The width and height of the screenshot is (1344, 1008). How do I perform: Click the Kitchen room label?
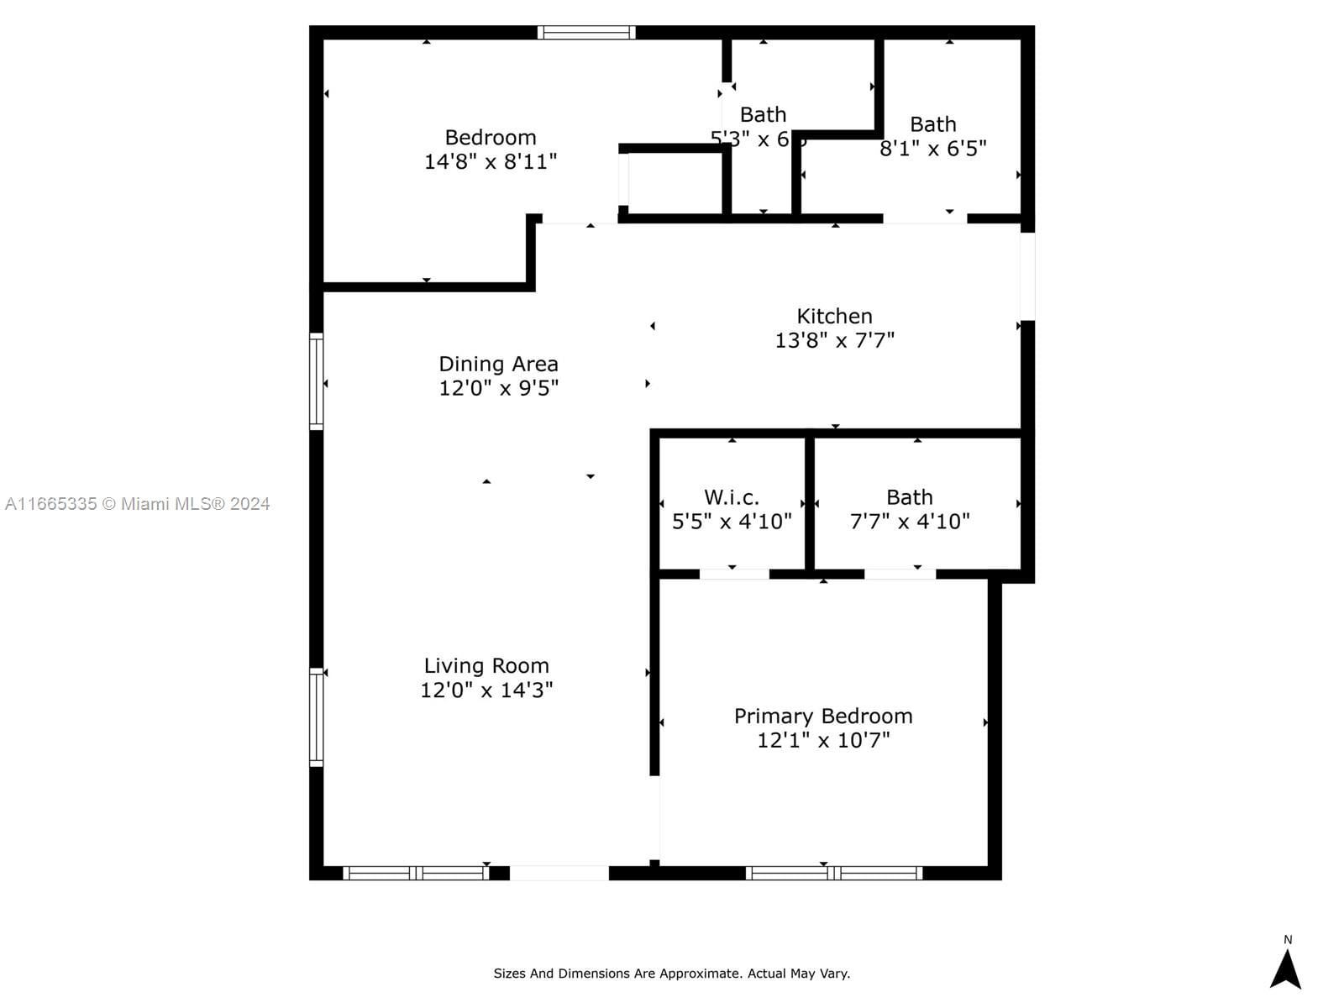pos(834,317)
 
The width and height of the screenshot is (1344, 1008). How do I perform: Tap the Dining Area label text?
pos(498,364)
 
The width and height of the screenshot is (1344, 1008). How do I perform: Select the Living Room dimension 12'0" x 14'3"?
pos(486,690)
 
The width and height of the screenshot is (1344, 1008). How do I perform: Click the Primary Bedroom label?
pos(823,716)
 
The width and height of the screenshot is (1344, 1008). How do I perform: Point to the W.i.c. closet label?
pos(731,497)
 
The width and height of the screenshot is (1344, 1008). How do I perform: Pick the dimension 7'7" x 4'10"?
pos(910,522)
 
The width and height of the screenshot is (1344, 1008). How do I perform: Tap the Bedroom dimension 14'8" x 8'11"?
pos(491,161)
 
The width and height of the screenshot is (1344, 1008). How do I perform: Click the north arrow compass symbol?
pos(1285,968)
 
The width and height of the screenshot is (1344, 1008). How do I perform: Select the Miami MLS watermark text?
pos(137,504)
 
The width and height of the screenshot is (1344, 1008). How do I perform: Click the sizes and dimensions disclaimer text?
pos(671,974)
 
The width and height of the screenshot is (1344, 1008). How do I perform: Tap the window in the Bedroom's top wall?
pos(585,33)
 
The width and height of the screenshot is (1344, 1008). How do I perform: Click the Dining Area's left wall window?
pos(317,381)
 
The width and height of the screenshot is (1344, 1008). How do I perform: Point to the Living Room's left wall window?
pos(317,717)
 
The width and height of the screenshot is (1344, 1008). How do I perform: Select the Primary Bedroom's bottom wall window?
pos(833,873)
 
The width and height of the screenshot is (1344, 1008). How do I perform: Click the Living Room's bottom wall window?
pos(416,873)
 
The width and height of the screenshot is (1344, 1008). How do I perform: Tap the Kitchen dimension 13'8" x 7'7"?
pos(834,340)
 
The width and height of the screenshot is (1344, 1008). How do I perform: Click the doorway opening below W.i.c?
pos(733,575)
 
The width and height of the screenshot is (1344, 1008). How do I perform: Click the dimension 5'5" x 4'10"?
pos(732,522)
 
